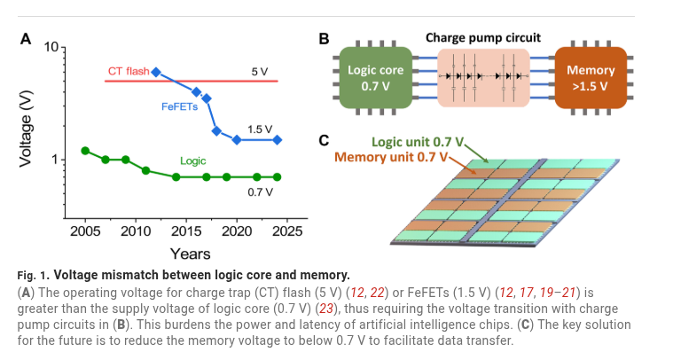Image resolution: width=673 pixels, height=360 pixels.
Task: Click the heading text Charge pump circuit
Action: tap(483, 38)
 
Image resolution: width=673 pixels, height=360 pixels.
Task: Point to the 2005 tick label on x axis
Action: tap(84, 231)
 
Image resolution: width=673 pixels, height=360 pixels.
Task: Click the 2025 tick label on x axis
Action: tap(286, 231)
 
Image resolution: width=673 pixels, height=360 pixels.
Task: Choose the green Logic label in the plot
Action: tap(192, 161)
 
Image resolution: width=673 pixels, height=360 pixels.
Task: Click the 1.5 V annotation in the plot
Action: tap(260, 129)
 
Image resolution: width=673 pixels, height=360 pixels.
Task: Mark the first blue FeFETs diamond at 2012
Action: tap(156, 72)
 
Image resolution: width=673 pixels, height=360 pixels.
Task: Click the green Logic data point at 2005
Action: tap(85, 151)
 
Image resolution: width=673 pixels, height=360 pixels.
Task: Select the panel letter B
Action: tap(324, 39)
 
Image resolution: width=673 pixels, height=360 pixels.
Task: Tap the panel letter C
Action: tap(324, 140)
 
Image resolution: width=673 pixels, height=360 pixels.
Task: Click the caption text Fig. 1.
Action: tap(33, 273)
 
